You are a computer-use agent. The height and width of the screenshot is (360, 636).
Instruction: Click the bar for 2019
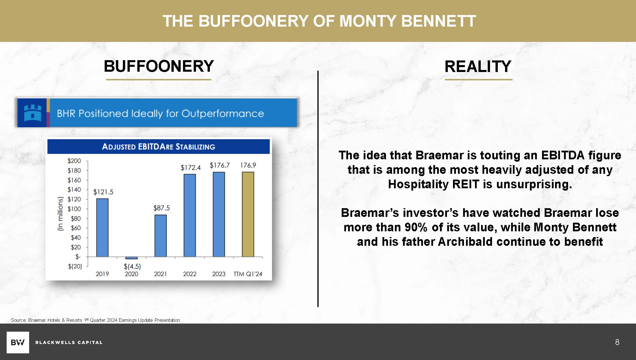[x=102, y=228]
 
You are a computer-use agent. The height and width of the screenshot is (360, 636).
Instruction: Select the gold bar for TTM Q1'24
[x=248, y=214]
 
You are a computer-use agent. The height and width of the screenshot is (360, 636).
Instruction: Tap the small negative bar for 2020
[x=132, y=258]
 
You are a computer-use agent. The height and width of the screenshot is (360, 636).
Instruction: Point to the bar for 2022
[x=190, y=215]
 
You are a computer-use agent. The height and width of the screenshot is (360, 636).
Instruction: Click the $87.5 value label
[x=162, y=208]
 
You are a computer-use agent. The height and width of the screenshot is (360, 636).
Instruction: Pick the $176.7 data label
[x=220, y=165]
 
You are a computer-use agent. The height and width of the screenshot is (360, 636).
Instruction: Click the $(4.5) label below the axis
[x=132, y=266]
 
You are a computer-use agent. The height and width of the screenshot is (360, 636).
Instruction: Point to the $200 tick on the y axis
[x=74, y=161]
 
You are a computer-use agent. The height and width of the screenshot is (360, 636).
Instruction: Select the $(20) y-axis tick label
[x=75, y=266]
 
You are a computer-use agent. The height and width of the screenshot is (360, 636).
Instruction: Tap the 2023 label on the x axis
[x=219, y=274]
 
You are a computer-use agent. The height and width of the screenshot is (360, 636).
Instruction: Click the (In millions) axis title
[x=60, y=214]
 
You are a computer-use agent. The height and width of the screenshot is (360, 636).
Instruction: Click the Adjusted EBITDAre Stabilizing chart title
[x=158, y=147]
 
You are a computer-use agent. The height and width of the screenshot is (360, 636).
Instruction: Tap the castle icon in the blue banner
[x=32, y=113]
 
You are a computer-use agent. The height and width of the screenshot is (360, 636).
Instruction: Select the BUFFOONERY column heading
[x=159, y=66]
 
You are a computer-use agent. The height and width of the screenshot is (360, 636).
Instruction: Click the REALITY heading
[x=478, y=67]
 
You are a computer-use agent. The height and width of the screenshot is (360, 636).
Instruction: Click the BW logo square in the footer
[x=18, y=342]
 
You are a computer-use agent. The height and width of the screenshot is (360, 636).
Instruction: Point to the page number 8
[x=617, y=342]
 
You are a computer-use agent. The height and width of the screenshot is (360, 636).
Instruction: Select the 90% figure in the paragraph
[x=416, y=227]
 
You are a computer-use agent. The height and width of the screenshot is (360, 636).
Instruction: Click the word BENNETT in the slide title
[x=439, y=21]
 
